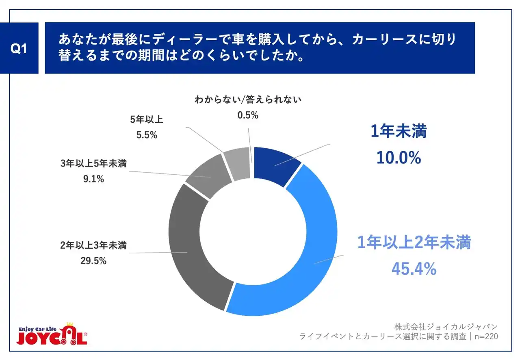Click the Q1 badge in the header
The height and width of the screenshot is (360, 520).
point(19,48)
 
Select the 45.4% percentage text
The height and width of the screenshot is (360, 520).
point(414,268)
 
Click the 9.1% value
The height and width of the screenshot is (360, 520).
point(94,178)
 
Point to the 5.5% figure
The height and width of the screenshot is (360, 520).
point(146,135)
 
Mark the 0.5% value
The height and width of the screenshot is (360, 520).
point(248,115)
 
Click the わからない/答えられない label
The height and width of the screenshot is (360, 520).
point(248,100)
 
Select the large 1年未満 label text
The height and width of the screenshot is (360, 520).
point(399,132)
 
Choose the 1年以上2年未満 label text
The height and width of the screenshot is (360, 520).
point(414,243)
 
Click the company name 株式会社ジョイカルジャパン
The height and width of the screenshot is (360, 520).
point(446,327)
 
